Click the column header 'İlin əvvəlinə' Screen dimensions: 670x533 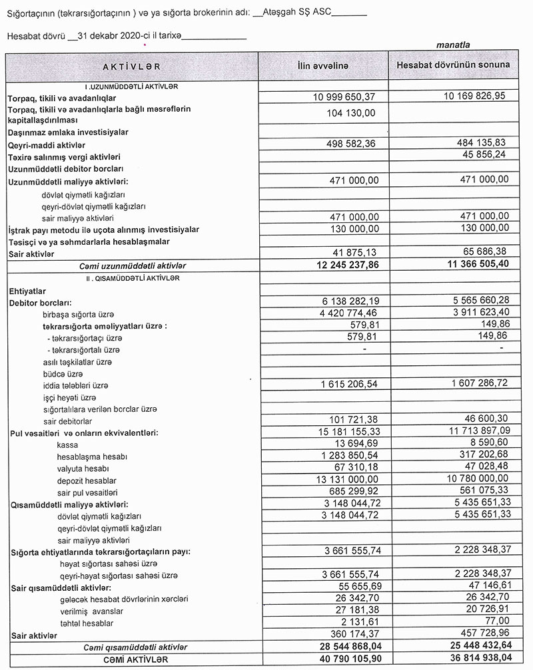pyautogui.click(x=323, y=65)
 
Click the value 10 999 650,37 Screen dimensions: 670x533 pyautogui.click(x=344, y=97)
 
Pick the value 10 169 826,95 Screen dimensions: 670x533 pyautogui.click(x=474, y=96)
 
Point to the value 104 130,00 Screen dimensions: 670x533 pyautogui.click(x=352, y=114)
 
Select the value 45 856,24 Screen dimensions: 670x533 pyautogui.click(x=484, y=156)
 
